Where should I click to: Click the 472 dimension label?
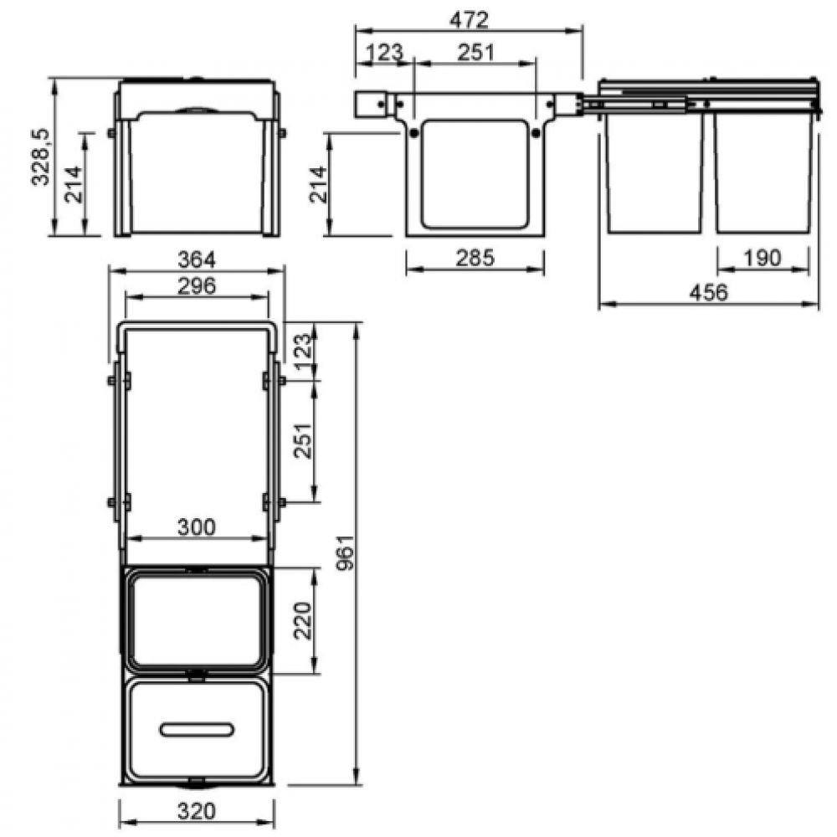coord(469,20)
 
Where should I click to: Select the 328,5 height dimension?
coord(41,157)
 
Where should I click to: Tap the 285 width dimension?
coord(475,258)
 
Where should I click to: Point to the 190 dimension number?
coord(763,258)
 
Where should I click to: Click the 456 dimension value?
coord(708,292)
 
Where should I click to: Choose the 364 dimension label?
coord(197,260)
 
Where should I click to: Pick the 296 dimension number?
coord(197,286)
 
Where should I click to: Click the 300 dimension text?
coord(197,527)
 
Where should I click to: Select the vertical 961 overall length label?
coord(346,552)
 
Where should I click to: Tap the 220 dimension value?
coord(303,621)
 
